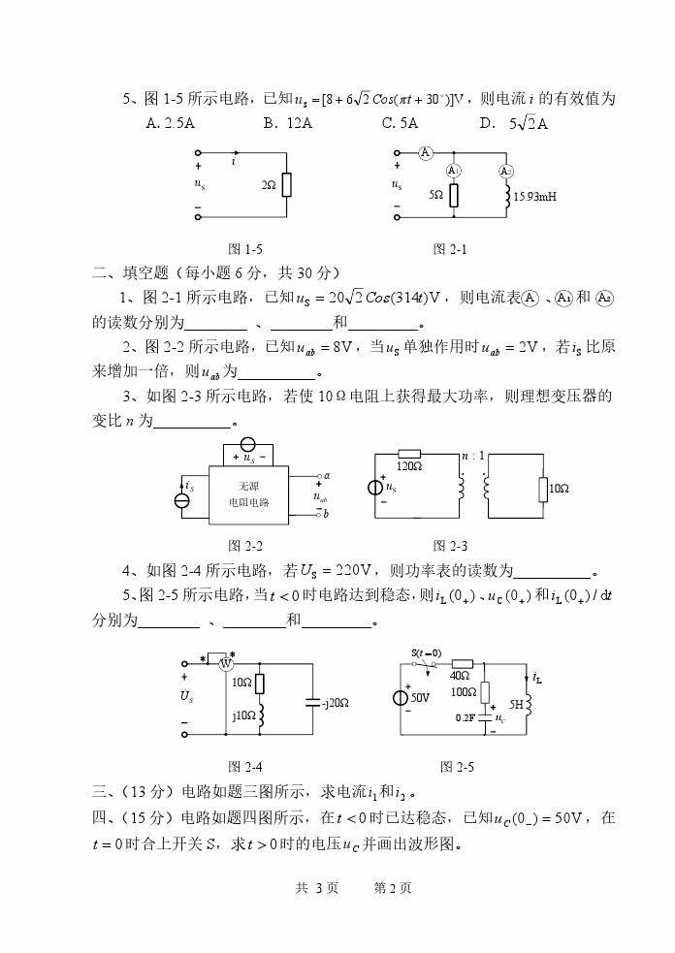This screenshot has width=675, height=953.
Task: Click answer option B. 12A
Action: click(x=287, y=123)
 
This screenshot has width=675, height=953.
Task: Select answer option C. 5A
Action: click(x=400, y=123)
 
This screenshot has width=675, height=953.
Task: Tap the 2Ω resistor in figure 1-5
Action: click(x=286, y=184)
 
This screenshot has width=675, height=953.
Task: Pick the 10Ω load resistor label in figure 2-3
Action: click(x=558, y=491)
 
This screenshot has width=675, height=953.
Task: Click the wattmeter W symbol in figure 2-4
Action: click(x=225, y=664)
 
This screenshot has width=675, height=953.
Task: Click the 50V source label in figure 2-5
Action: click(x=420, y=697)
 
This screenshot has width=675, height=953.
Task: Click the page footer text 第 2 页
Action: click(x=393, y=887)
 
